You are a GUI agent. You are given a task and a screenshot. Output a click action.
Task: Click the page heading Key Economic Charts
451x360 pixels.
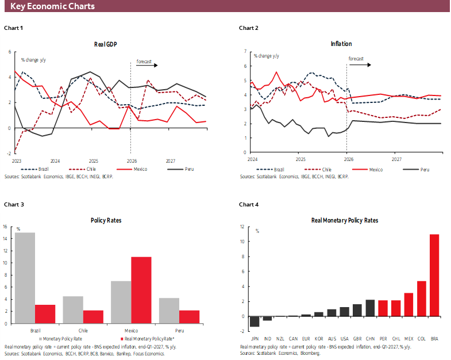point(52,6)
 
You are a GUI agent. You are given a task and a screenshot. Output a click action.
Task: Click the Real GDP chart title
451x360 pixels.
point(106,44)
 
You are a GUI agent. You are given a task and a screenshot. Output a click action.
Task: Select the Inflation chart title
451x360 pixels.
point(341,44)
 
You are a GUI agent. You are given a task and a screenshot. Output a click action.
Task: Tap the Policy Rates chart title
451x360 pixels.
point(106,220)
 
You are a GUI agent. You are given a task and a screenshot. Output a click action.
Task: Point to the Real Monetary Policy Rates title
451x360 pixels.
point(341,220)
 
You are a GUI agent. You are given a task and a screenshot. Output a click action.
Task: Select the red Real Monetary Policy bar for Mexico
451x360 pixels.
point(141,290)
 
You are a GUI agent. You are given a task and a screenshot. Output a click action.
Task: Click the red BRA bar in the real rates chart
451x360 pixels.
point(434,275)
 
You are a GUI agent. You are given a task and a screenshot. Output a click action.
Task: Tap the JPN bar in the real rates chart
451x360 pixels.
point(254,321)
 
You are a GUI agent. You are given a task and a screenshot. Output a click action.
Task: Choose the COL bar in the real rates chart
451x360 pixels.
point(421,298)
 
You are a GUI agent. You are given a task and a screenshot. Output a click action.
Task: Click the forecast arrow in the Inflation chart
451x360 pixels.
point(360,64)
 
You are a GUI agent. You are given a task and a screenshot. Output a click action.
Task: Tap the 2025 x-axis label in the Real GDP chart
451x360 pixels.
point(93,162)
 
